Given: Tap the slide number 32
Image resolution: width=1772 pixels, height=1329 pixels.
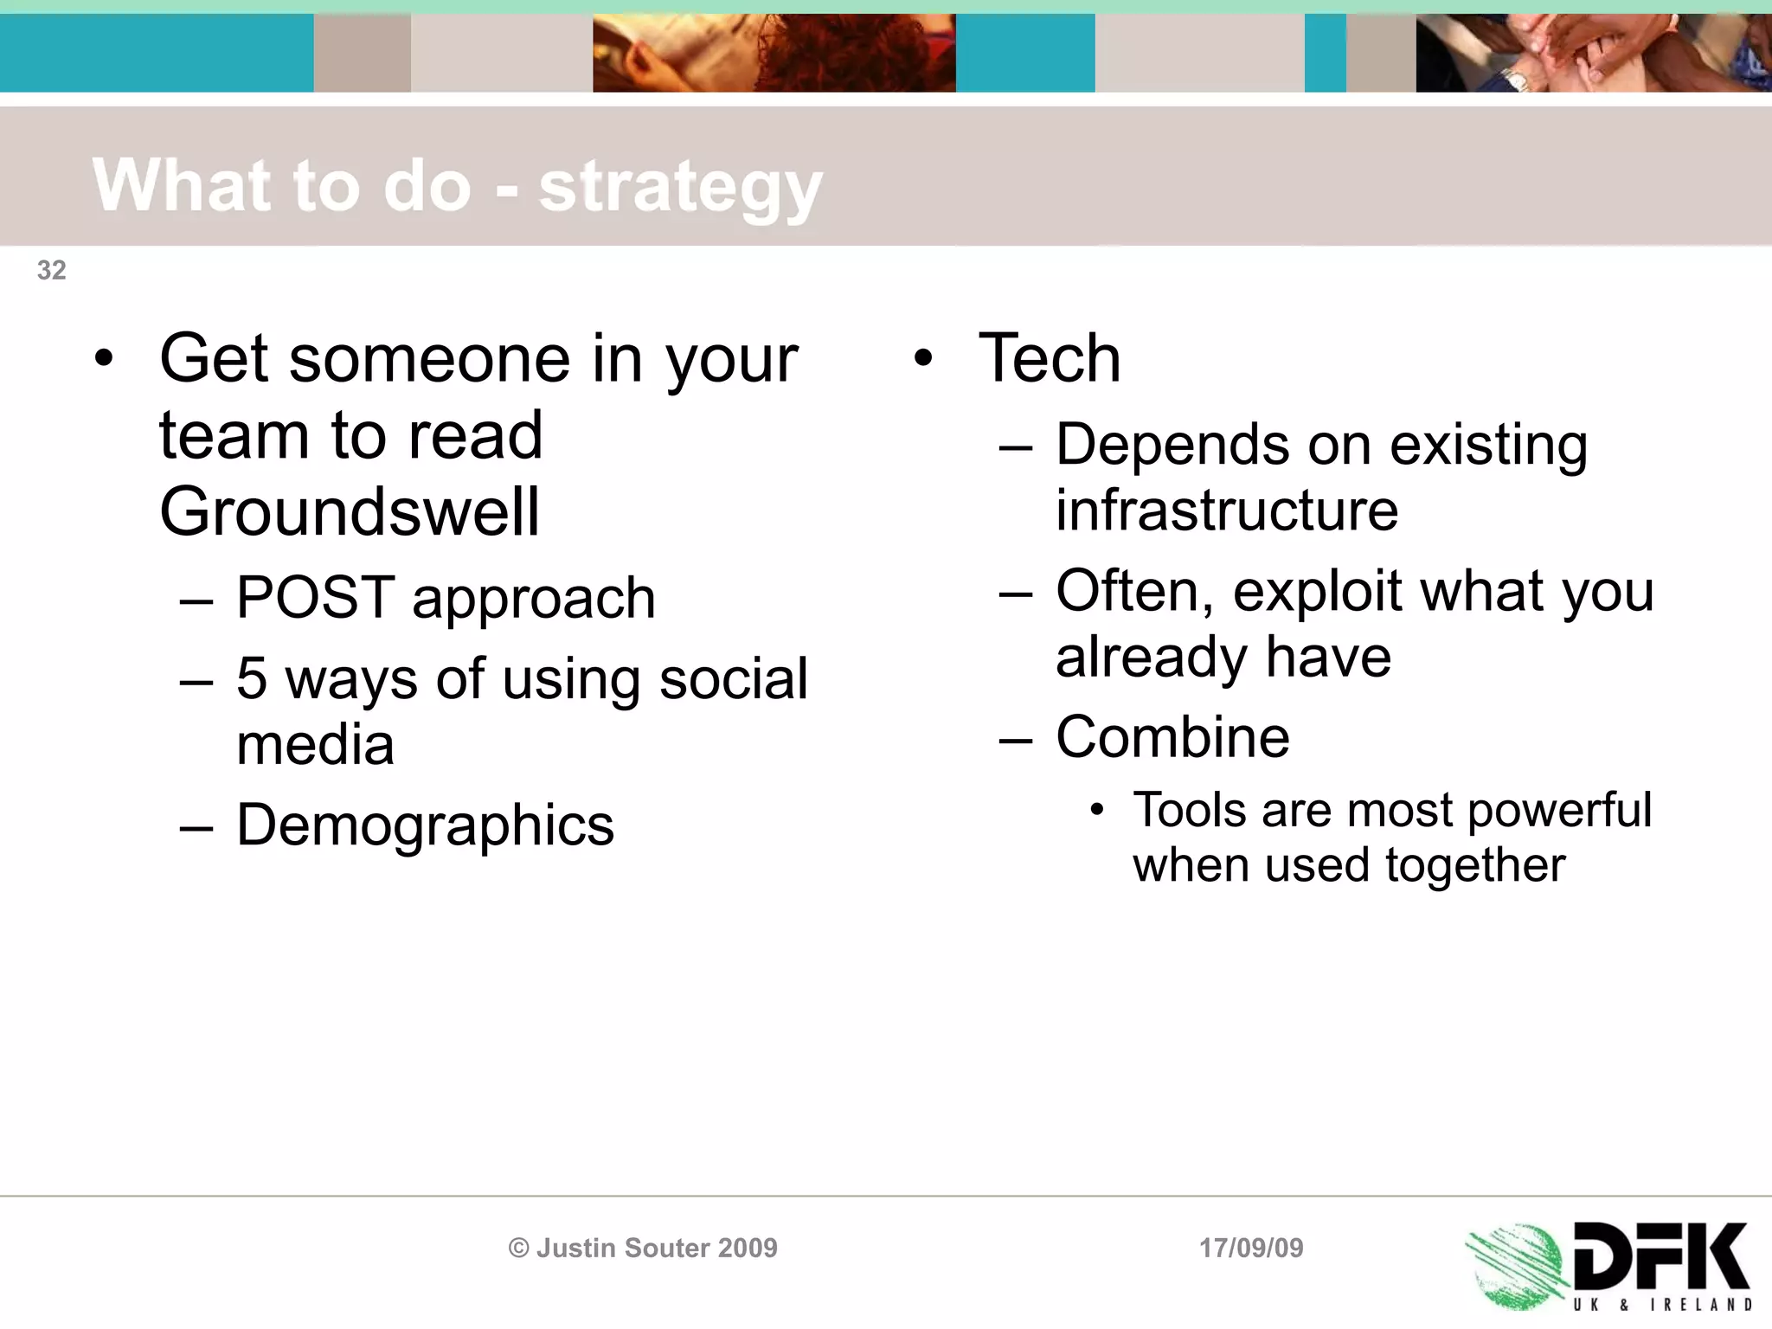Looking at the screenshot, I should point(51,270).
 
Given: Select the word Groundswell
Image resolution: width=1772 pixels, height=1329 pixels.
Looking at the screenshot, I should point(350,512).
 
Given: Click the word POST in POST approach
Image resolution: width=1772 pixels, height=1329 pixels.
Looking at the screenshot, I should point(315,598).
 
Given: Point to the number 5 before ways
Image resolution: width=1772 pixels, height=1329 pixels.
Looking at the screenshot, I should point(251,678).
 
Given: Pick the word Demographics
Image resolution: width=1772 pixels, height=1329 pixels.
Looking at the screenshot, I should point(425,825).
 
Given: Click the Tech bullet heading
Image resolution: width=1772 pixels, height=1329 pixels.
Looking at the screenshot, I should point(1049,358).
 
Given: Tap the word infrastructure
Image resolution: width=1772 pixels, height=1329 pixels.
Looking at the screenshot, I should point(1226,510).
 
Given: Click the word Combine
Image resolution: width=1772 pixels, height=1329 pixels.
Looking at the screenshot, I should point(1172,737).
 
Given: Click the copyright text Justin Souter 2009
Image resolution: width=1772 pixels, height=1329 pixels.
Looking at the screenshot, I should point(643,1248).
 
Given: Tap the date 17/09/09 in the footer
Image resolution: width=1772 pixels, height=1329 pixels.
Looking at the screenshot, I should point(1250,1248).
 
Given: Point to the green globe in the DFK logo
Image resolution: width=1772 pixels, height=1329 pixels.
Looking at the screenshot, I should point(1516,1265).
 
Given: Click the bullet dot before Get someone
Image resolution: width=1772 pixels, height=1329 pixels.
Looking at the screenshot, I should point(104,358).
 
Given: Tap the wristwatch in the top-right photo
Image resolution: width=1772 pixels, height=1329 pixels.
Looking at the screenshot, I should point(1516,80).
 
